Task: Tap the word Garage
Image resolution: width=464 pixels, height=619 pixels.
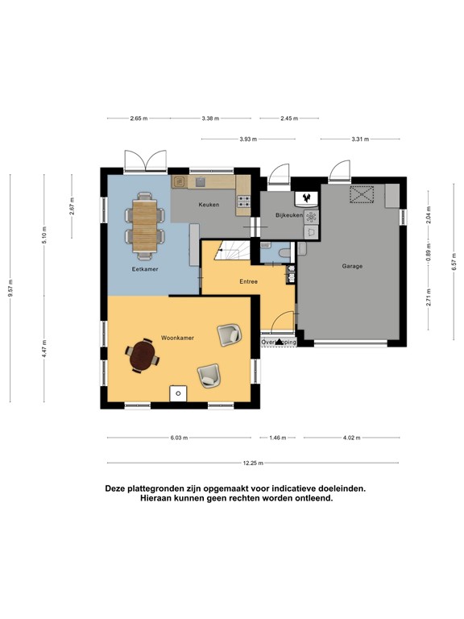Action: [x=352, y=266]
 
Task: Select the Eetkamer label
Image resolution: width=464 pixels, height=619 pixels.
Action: [x=145, y=269]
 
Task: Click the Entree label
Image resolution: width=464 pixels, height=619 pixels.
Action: [x=247, y=281]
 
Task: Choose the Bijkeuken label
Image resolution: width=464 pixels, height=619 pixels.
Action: [x=288, y=215]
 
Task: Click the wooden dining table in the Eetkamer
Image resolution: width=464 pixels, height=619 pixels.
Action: [x=146, y=223]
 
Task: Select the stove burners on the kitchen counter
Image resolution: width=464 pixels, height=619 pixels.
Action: [x=243, y=202]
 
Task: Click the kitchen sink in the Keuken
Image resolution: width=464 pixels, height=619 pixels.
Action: [x=180, y=183]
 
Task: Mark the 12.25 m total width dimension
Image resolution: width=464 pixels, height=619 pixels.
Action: [x=253, y=463]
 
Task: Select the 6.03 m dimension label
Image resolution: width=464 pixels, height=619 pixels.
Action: [x=179, y=438]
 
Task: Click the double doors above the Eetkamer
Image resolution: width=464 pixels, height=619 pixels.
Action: [x=146, y=160]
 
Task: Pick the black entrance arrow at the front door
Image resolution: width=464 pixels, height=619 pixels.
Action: [x=281, y=343]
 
